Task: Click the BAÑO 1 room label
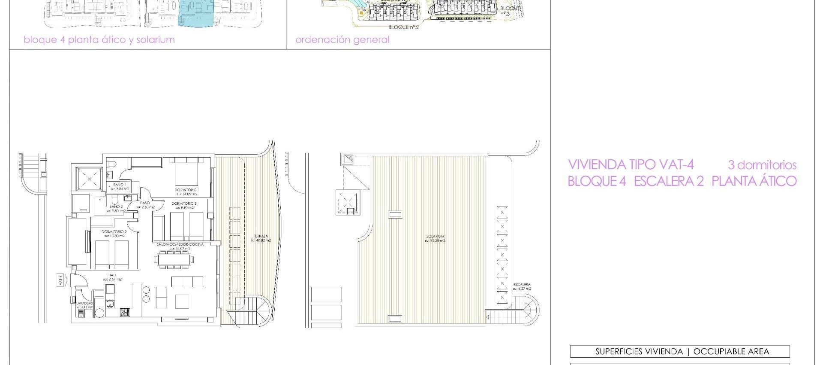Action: pyautogui.click(x=119, y=185)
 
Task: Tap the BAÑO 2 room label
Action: pyautogui.click(x=116, y=207)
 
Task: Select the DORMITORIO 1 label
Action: pyautogui.click(x=186, y=189)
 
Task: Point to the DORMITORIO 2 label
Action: pyautogui.click(x=114, y=231)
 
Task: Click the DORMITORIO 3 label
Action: pyautogui.click(x=184, y=204)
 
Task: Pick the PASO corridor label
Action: pyautogui.click(x=145, y=203)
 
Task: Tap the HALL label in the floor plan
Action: pyautogui.click(x=112, y=275)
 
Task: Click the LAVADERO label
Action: pyautogui.click(x=84, y=303)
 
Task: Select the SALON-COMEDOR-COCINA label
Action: pyautogui.click(x=180, y=244)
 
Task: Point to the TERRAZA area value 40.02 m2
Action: pyautogui.click(x=261, y=240)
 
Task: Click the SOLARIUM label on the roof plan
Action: pyautogui.click(x=435, y=236)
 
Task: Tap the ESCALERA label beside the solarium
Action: pyautogui.click(x=522, y=284)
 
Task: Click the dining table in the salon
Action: pyautogui.click(x=174, y=259)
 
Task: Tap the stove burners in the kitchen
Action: pyautogui.click(x=125, y=312)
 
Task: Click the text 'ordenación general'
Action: pyautogui.click(x=342, y=40)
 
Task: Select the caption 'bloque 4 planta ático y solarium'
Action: pyautogui.click(x=99, y=40)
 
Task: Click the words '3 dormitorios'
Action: pyautogui.click(x=762, y=165)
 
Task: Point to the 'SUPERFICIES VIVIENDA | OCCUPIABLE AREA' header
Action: pyautogui.click(x=679, y=351)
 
